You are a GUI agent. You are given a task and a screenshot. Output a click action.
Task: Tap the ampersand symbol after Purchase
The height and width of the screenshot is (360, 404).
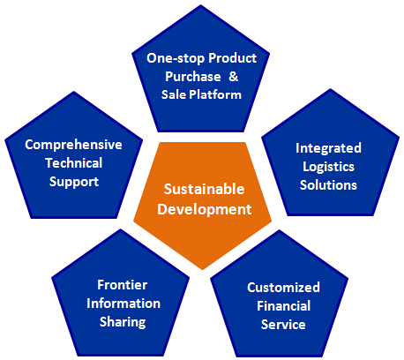(233, 77)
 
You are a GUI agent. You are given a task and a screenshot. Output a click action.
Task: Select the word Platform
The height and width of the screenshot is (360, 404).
(215, 94)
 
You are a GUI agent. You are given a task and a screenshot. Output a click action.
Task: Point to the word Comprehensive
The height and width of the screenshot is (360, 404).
(73, 145)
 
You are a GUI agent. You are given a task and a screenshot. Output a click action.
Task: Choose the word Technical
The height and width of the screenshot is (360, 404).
(74, 163)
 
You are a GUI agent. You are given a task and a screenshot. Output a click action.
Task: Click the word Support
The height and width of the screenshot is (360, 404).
(74, 182)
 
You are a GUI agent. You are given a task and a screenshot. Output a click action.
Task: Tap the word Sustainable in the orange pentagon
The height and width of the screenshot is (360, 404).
(204, 189)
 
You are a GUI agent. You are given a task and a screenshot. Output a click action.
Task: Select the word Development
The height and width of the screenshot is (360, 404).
(205, 209)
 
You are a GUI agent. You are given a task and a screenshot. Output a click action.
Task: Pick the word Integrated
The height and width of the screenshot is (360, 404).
(328, 148)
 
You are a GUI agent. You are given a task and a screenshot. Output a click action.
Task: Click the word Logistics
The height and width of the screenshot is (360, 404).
(328, 167)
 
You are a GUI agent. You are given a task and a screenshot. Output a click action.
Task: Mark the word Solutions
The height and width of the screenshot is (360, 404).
(328, 185)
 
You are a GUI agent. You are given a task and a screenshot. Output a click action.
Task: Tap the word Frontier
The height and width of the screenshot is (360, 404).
(123, 285)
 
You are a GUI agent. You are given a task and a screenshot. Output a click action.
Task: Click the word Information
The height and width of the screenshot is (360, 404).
(123, 304)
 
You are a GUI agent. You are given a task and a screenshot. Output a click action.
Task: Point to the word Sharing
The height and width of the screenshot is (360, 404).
(123, 322)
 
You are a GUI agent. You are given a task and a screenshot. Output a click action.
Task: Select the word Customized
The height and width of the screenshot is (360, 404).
(283, 288)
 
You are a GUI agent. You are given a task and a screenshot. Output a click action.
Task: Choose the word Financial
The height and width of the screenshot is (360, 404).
(284, 306)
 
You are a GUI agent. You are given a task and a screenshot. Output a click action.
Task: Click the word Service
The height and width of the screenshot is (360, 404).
(283, 325)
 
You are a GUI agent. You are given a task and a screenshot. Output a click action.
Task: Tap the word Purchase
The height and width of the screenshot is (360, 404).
(193, 77)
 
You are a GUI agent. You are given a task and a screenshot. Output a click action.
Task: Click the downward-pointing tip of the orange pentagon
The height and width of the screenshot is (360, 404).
(203, 269)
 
